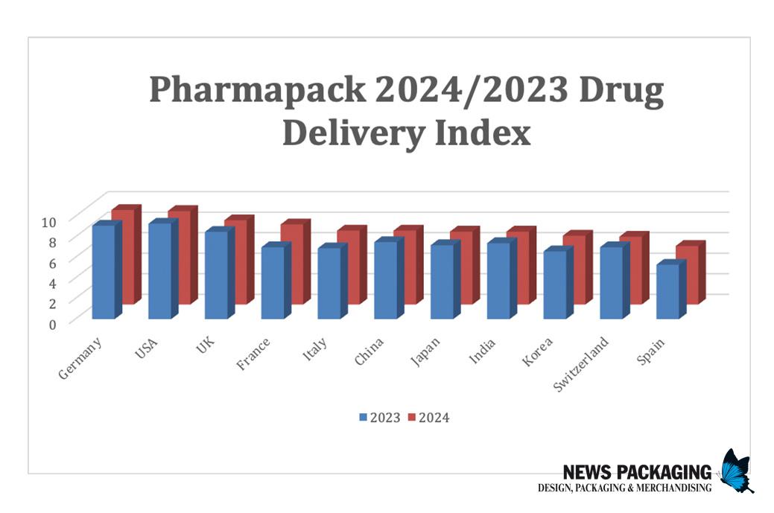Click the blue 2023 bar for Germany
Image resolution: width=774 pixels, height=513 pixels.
[104, 272]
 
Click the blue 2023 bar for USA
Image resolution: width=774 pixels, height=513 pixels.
[160, 270]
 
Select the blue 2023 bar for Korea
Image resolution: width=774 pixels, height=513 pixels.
[555, 284]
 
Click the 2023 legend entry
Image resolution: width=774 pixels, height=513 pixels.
[380, 418]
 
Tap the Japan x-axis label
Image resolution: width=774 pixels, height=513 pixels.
[426, 351]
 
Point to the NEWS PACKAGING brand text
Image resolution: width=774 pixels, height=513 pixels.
[638, 472]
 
